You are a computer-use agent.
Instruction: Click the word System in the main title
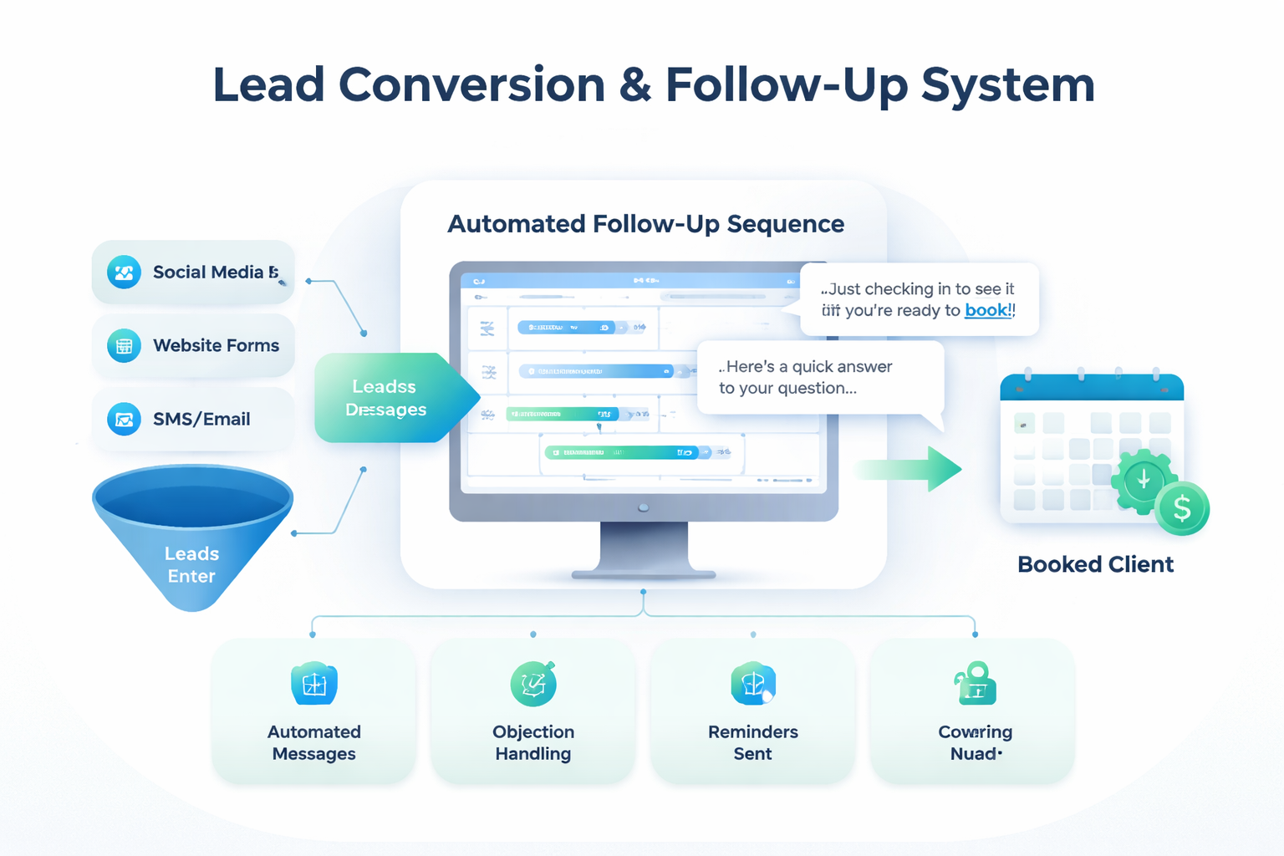(x=1007, y=85)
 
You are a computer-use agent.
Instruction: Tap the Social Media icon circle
(x=124, y=273)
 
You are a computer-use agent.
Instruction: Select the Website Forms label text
(x=216, y=345)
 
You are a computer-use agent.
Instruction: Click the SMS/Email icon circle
(x=124, y=419)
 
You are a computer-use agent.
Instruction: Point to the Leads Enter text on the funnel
(x=191, y=565)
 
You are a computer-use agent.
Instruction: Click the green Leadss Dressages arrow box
(x=386, y=398)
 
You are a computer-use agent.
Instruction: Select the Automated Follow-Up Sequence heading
(x=645, y=224)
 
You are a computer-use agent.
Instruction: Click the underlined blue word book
(x=987, y=310)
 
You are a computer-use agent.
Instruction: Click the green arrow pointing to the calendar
(x=911, y=469)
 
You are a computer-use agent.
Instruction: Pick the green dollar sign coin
(x=1181, y=508)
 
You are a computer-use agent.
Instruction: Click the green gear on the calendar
(x=1143, y=481)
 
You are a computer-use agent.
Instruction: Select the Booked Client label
(x=1095, y=564)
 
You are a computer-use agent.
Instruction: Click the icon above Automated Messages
(x=314, y=684)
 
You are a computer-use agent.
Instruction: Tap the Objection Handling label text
(x=533, y=742)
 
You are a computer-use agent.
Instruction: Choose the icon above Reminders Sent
(x=752, y=684)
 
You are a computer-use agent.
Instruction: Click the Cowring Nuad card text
(x=975, y=742)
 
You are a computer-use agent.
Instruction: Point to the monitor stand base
(x=644, y=574)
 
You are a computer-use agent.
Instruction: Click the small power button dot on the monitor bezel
(x=643, y=507)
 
